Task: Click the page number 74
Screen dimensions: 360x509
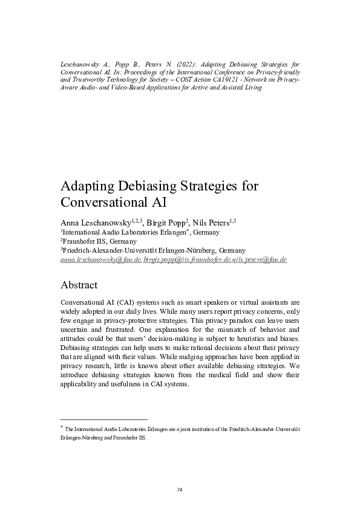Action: [180, 489]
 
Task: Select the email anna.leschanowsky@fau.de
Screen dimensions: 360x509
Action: [101, 259]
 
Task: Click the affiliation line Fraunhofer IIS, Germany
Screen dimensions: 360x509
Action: [100, 241]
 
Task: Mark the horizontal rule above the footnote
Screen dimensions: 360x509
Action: [104, 419]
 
